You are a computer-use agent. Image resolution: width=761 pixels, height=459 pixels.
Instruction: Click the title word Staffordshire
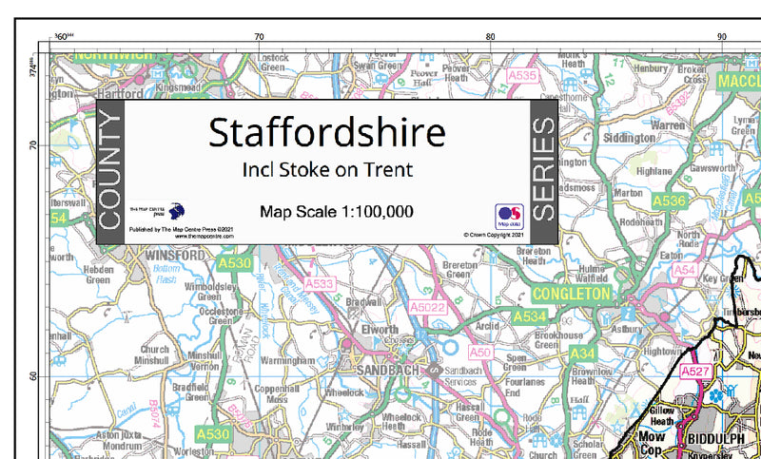click(327, 132)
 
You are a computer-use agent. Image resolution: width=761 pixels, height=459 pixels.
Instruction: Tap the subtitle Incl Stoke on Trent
click(327, 171)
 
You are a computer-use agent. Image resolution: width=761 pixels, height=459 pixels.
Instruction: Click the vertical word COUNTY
click(110, 171)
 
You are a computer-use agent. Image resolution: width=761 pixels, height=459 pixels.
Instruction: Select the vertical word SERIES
click(543, 171)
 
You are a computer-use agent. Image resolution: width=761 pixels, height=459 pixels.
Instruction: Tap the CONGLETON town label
click(572, 295)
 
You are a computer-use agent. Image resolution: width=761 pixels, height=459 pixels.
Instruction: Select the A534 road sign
click(530, 316)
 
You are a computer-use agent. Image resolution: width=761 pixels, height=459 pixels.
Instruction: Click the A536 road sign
click(670, 201)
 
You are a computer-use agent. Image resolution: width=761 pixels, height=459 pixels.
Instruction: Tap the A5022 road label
click(428, 307)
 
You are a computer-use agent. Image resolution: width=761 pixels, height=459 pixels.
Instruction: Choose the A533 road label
click(322, 283)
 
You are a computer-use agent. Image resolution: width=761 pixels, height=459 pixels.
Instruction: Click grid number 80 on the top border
click(490, 36)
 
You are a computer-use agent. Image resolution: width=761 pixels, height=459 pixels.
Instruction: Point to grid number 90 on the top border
click(722, 36)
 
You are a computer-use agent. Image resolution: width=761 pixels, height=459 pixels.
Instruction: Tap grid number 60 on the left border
click(31, 375)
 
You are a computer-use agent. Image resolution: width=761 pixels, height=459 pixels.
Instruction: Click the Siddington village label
click(630, 138)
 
